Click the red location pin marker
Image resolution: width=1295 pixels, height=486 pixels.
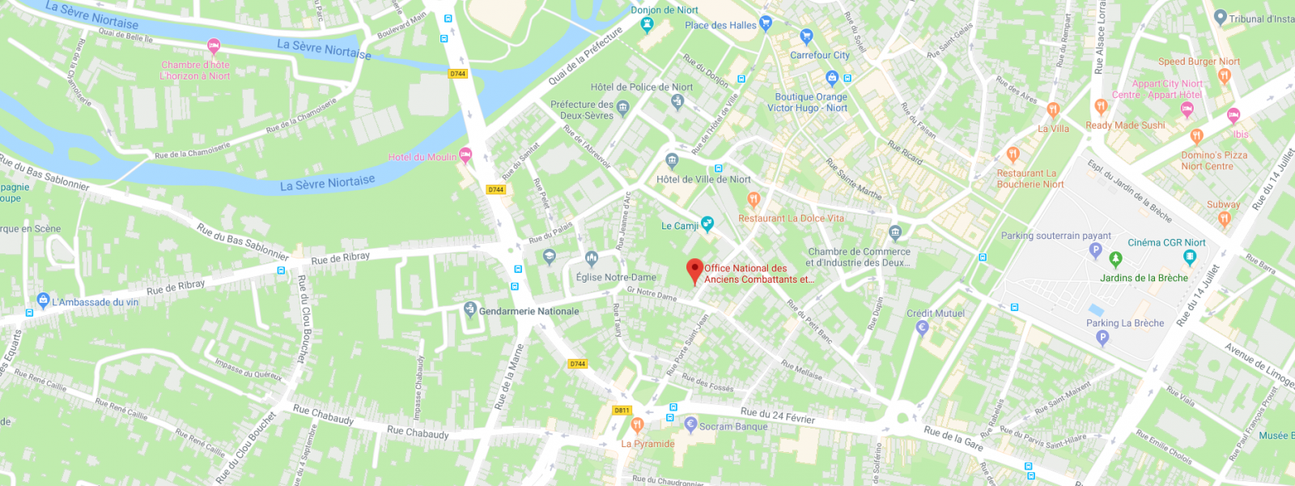click(x=694, y=271)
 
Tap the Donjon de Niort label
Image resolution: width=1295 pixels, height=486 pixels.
click(x=664, y=10)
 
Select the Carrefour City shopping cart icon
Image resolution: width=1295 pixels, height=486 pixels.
click(x=806, y=36)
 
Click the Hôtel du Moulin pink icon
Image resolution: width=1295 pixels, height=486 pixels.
click(x=465, y=155)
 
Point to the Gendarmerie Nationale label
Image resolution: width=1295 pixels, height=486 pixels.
click(x=529, y=311)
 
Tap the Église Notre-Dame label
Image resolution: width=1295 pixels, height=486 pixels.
click(x=616, y=277)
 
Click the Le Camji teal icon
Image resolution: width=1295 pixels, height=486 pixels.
click(x=707, y=224)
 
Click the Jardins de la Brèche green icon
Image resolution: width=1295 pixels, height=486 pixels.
click(x=1115, y=259)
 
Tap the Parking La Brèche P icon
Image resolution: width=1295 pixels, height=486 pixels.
click(x=1102, y=339)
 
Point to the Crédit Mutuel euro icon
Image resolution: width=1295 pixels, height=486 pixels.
click(x=921, y=328)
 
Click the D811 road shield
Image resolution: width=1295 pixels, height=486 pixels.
click(x=622, y=410)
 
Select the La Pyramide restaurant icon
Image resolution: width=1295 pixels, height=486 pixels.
click(x=637, y=425)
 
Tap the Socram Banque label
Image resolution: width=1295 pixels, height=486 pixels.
click(x=733, y=426)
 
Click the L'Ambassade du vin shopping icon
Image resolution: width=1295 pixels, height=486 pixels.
click(x=44, y=301)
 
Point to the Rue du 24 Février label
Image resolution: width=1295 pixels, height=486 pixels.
click(x=777, y=416)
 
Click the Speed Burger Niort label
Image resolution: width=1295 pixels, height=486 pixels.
click(x=1199, y=62)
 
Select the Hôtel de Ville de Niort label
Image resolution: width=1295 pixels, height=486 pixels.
click(x=703, y=179)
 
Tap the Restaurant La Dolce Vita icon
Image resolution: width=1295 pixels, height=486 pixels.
click(x=754, y=199)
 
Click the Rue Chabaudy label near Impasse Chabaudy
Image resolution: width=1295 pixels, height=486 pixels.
click(x=418, y=433)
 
